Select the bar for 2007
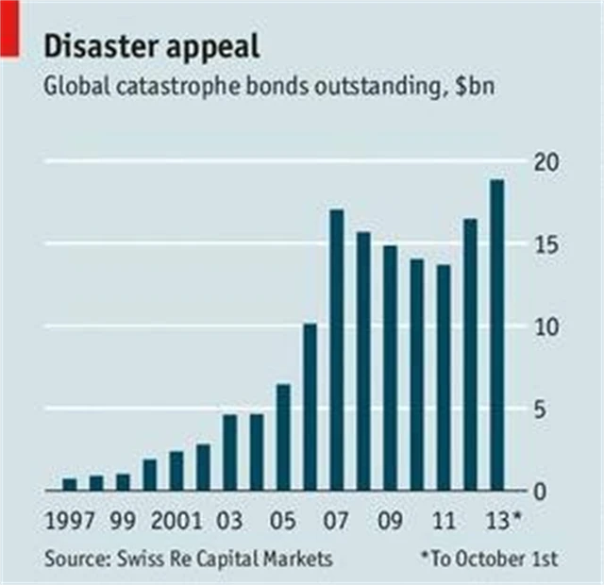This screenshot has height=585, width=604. click(337, 350)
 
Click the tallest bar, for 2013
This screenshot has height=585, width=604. click(496, 335)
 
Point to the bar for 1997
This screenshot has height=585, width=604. click(70, 484)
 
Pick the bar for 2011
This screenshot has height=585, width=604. click(444, 377)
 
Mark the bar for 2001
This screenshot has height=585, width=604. click(176, 471)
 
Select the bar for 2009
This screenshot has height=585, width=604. click(390, 368)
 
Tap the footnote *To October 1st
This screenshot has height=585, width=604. click(489, 559)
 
